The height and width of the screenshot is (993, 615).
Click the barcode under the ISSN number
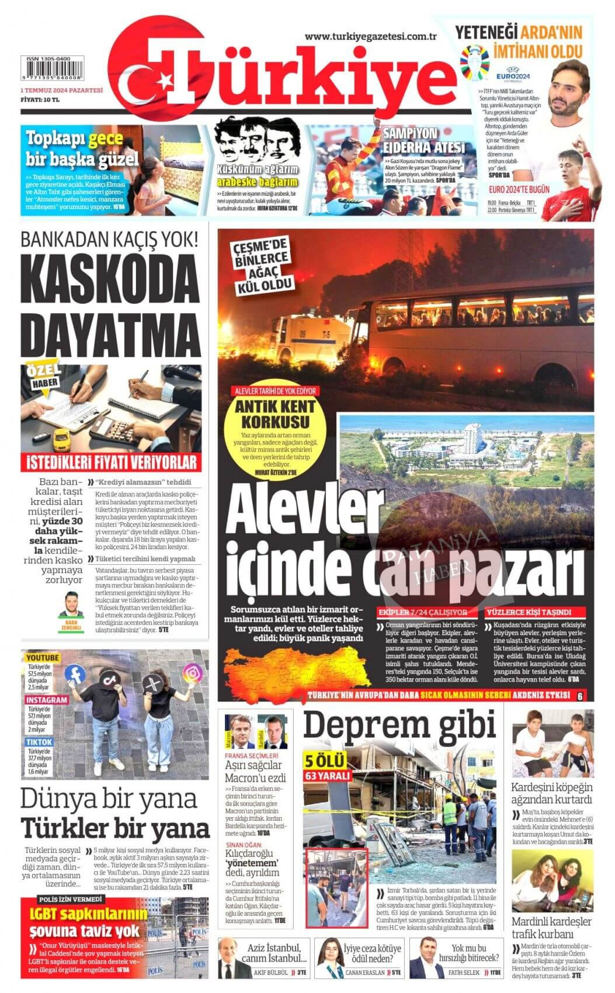53,72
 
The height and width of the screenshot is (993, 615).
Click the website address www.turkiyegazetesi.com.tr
371,36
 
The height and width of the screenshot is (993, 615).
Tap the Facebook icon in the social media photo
75,673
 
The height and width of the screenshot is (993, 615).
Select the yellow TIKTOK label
39,742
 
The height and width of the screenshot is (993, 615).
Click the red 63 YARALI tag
328,776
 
